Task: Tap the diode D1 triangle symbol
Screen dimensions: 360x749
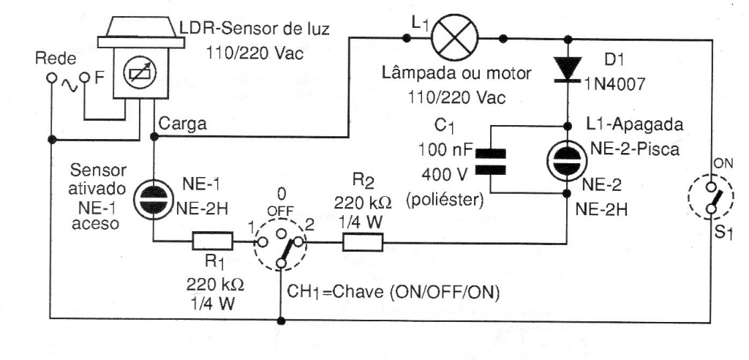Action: tap(566, 69)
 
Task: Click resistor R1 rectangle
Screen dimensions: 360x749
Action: tap(212, 241)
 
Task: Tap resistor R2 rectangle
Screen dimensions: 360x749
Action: tap(361, 241)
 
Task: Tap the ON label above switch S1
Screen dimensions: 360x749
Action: tap(721, 164)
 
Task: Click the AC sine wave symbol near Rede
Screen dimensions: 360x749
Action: tap(70, 78)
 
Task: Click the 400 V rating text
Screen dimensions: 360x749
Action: tap(441, 176)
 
